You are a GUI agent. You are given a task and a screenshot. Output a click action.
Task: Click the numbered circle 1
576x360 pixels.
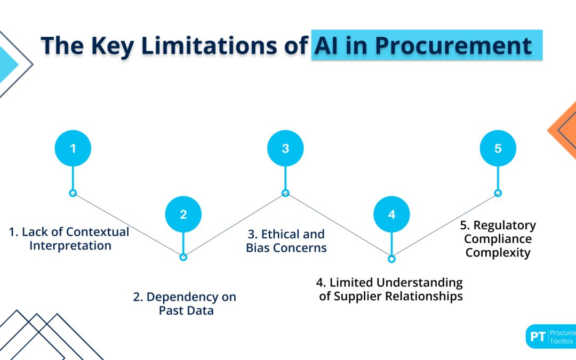[73, 148]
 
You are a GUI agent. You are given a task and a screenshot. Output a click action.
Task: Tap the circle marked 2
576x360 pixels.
[183, 214]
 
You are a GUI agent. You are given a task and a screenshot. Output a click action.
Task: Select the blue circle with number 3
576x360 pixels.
[285, 148]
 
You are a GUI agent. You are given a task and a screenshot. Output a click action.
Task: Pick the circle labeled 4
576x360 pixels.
[391, 214]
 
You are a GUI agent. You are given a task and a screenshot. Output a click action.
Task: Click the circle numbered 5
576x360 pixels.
[498, 148]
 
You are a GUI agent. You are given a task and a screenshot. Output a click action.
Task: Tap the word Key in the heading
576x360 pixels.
[111, 46]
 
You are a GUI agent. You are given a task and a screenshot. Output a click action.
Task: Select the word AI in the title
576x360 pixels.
[326, 46]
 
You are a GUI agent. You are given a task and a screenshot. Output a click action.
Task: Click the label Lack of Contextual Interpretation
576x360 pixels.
[70, 239]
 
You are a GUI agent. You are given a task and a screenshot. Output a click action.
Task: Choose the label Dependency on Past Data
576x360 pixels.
[185, 303]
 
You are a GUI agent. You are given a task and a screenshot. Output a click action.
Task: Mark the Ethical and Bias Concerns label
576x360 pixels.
[286, 241]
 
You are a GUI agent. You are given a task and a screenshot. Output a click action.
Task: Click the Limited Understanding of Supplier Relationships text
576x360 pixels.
[391, 290]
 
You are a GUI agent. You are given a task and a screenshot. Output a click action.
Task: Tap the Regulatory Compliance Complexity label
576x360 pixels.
[498, 239]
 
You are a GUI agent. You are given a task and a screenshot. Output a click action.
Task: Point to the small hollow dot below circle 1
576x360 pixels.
[73, 193]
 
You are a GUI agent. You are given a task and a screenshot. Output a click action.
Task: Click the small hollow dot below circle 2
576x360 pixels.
[183, 257]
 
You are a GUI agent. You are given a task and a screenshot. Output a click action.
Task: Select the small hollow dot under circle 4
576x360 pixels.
[391, 259]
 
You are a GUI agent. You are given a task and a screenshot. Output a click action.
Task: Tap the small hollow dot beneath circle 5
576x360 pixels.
[498, 193]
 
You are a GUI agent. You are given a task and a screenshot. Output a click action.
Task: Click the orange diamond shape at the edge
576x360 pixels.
[564, 130]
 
